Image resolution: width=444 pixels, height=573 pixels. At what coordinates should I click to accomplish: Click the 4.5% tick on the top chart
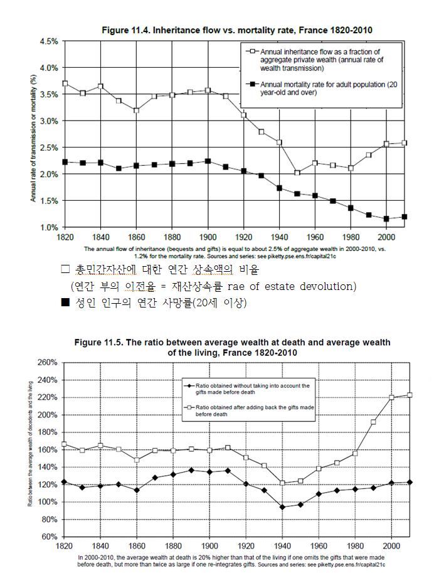(x=49, y=41)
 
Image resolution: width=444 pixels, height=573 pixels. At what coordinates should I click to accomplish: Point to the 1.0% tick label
(x=49, y=227)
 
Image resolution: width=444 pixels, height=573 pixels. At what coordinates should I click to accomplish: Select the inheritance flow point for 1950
(x=297, y=173)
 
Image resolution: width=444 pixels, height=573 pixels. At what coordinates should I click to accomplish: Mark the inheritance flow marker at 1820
(x=65, y=83)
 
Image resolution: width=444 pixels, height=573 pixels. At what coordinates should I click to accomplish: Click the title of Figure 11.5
(x=232, y=348)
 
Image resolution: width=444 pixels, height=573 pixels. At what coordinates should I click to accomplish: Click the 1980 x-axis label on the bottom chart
(x=355, y=547)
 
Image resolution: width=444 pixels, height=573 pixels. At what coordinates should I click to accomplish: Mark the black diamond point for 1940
(x=282, y=507)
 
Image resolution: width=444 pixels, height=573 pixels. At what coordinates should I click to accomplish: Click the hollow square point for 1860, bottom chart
(x=137, y=460)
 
